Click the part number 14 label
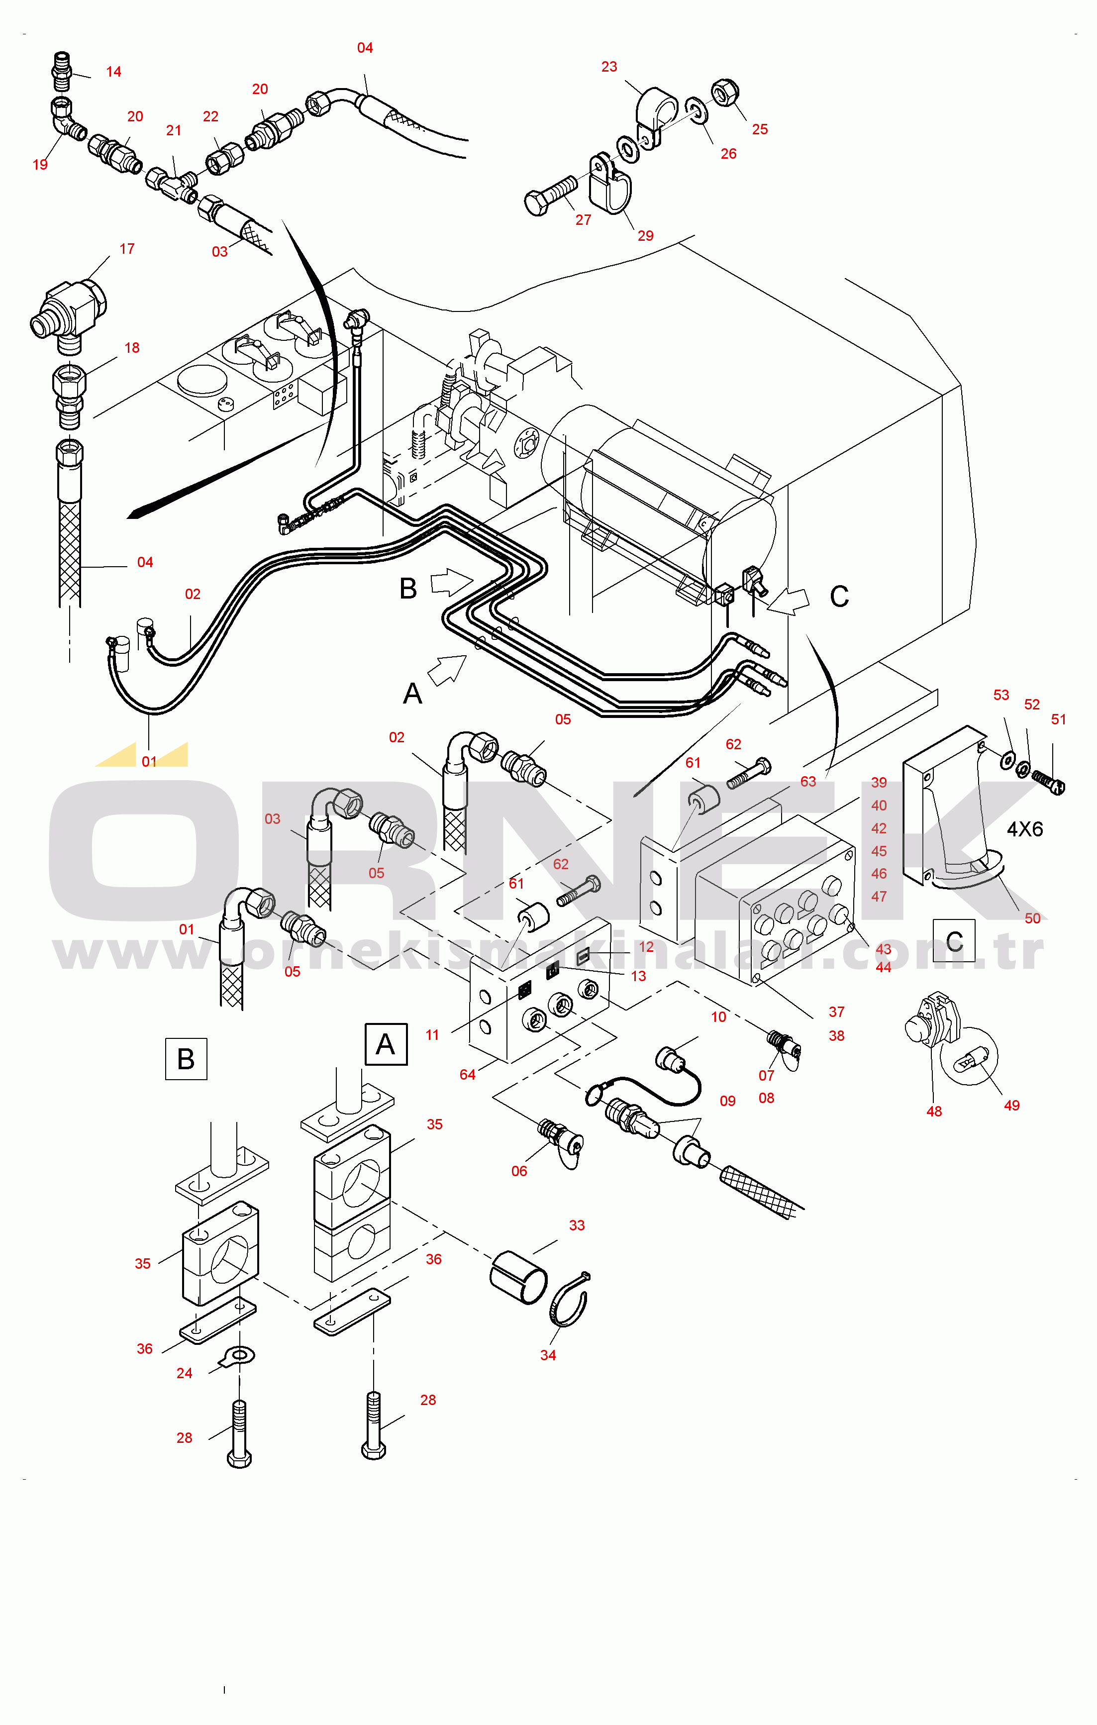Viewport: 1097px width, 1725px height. coord(113,72)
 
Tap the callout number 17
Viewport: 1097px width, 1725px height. coord(127,249)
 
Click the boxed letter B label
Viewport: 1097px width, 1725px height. coord(186,1059)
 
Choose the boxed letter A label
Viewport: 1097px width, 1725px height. coord(386,1044)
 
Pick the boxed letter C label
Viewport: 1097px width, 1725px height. coord(954,940)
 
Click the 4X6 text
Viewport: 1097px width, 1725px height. coord(1025,829)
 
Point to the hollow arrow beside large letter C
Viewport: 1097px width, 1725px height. coord(788,601)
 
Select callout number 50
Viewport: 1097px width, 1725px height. coord(1032,918)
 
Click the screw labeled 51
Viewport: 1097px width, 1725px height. coord(1050,782)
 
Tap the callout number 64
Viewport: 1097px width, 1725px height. coord(467,1075)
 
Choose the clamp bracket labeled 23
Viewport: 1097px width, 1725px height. coord(656,117)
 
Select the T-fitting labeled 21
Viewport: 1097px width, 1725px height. coord(172,184)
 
